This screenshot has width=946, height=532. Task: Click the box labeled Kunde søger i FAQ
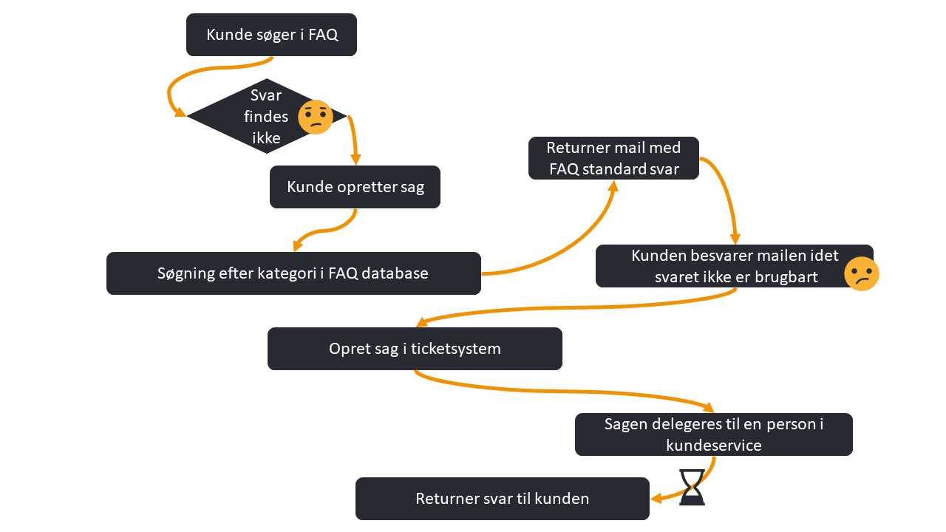[271, 35]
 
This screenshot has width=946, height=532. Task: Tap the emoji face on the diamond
[316, 117]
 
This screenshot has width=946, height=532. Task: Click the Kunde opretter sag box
[355, 187]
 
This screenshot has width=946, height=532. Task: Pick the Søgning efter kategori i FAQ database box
[293, 273]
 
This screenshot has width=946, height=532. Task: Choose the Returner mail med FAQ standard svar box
[613, 158]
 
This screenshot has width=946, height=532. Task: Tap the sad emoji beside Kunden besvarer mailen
[861, 273]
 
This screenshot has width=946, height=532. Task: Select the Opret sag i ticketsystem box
[415, 349]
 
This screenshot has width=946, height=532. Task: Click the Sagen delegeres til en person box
[713, 434]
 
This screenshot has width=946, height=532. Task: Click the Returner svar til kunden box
[502, 499]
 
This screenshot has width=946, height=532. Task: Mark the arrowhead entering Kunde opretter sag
[355, 159]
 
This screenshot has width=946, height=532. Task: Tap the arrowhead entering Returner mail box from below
[612, 185]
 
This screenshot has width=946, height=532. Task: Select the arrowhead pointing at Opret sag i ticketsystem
[421, 323]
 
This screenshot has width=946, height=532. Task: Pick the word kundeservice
[713, 445]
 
